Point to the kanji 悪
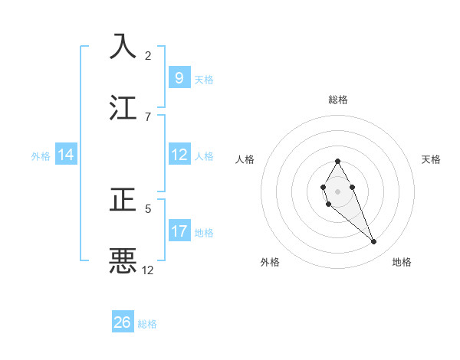tap(123, 260)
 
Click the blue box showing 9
tap(179, 78)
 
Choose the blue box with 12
tap(179, 155)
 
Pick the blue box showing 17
tap(179, 231)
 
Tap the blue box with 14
tap(66, 155)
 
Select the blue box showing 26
tap(122, 322)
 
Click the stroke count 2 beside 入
tap(148, 55)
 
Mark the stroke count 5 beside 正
tap(148, 208)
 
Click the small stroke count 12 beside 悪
tap(148, 270)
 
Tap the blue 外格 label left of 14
tap(41, 155)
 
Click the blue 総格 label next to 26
tap(147, 324)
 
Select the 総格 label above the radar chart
tap(338, 100)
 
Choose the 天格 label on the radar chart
tap(432, 159)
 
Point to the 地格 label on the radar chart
tap(402, 262)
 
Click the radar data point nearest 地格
tap(374, 242)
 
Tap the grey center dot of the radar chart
tap(338, 190)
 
